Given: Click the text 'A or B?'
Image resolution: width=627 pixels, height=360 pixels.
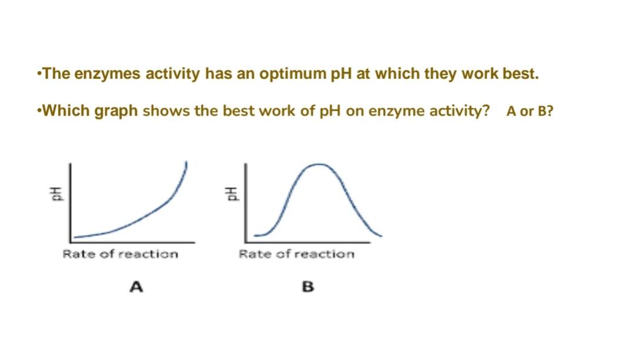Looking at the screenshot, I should (x=529, y=112).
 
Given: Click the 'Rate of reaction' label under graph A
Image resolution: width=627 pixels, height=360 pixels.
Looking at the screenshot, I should (x=120, y=254).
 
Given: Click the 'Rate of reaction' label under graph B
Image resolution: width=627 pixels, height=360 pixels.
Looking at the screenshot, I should (x=296, y=254).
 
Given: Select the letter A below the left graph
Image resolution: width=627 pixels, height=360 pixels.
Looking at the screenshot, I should (x=137, y=287).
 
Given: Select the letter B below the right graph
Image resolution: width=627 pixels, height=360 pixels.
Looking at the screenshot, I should (x=308, y=287).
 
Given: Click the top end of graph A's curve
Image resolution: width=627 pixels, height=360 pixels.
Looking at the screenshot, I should (x=187, y=162).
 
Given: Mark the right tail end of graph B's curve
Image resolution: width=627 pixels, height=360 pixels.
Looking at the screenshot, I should (x=381, y=236).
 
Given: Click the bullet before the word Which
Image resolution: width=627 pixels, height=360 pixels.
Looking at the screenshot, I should (x=39, y=111).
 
